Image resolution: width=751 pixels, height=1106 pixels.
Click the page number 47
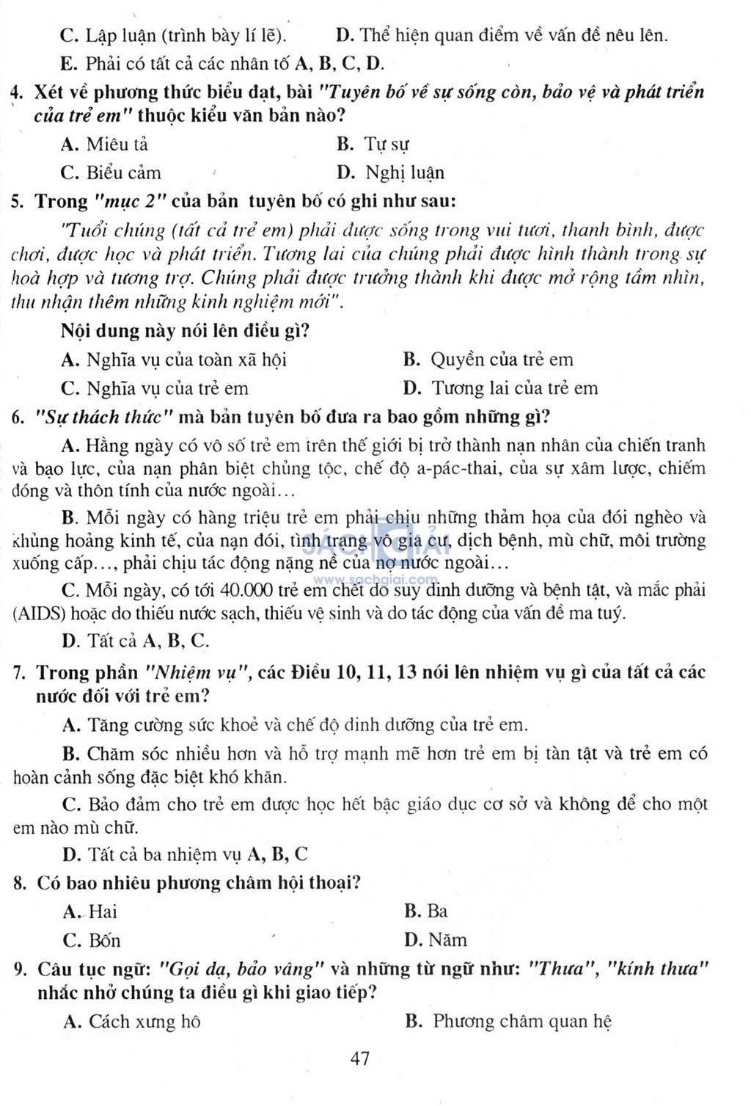360,1058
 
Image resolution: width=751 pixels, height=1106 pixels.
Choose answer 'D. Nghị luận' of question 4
390,173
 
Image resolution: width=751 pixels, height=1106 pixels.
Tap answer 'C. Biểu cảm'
111,173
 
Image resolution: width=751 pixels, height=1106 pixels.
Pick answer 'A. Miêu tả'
104,145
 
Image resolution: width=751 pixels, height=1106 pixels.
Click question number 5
18,201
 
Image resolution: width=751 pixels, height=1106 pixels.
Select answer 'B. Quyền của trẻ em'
488,360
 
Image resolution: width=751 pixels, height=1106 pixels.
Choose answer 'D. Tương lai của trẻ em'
500,388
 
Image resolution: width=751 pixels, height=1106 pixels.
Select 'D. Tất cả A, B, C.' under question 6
136,641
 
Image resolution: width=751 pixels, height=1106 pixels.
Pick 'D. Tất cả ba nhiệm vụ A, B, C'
185,854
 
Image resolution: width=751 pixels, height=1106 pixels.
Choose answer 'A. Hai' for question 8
90,912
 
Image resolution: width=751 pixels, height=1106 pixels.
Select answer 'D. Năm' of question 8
435,940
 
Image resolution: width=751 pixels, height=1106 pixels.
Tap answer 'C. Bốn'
92,941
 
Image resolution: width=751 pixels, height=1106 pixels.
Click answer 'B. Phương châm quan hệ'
508,1022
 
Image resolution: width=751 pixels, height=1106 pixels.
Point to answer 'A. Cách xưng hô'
132,1022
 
